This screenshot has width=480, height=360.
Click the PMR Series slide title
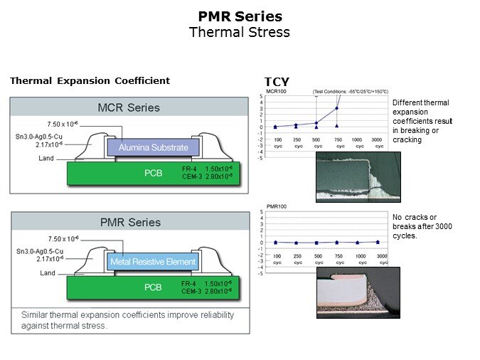240,16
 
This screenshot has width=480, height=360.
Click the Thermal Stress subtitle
240,32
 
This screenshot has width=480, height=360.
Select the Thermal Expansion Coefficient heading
90,80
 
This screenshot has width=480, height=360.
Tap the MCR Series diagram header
129,107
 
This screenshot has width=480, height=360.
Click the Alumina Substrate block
154,148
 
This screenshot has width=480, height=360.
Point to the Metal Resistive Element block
153,262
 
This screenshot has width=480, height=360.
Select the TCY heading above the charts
277,82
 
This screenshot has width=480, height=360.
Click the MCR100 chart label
276,92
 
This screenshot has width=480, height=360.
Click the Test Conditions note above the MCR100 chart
351,92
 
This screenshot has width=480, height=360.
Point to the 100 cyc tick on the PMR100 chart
278,258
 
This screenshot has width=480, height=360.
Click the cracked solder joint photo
357,177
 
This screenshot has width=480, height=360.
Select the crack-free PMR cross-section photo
357,292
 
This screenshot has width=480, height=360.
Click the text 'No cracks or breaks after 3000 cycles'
422,226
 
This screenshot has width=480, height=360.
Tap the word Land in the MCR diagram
48,158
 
